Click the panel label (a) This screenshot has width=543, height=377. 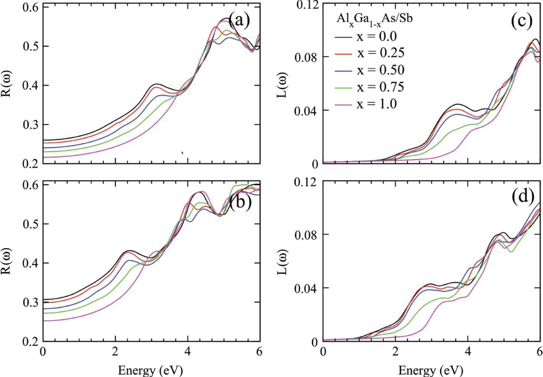(239, 20)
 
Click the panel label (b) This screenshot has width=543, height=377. (240, 201)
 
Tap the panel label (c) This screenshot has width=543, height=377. (522, 21)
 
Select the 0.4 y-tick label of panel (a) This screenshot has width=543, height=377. (30, 85)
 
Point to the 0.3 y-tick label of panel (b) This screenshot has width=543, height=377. (30, 302)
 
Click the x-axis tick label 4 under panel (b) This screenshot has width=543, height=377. (188, 352)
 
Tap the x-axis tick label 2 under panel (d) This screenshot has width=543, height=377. (395, 352)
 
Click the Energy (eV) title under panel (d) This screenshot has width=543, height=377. (431, 370)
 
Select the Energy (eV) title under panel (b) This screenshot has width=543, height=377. (150, 370)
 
